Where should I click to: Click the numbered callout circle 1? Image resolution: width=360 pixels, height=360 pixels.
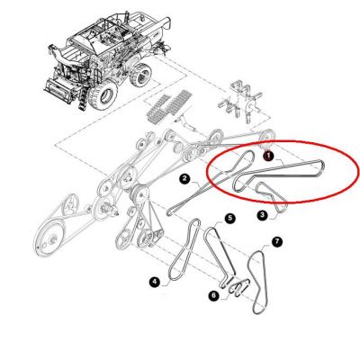coord(267,156)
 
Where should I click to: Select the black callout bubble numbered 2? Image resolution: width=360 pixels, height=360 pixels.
coord(184,179)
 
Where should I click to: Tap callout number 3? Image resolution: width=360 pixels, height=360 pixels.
coord(263,215)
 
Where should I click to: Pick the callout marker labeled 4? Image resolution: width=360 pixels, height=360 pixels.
coord(154,282)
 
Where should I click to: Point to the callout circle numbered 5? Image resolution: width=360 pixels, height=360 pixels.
coord(230,218)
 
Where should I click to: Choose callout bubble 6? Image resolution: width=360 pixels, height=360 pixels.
coord(213,296)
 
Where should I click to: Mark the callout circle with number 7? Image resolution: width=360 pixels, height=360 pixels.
coord(277,242)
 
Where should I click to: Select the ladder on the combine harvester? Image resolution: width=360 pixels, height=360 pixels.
coord(84,97)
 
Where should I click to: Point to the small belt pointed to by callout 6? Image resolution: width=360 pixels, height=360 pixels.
coord(239,287)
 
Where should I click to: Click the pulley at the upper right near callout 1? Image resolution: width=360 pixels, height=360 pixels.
coord(265,138)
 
